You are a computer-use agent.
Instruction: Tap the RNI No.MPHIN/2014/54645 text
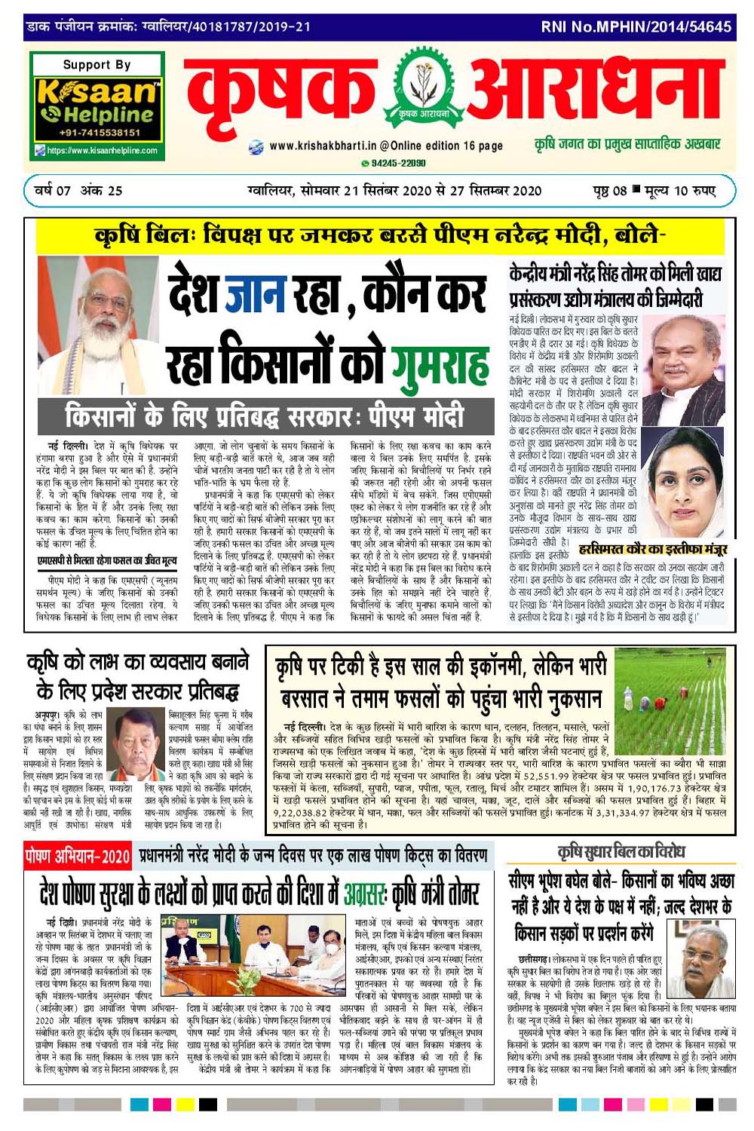coord(636,27)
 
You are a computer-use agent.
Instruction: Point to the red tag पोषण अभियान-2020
coord(78,857)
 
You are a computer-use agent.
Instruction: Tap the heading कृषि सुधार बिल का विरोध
coord(621,853)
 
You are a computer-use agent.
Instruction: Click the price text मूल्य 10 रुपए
coord(679,191)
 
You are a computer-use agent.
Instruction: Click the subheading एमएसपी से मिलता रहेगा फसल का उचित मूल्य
coord(107,560)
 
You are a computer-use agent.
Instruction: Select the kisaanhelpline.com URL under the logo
coord(102,151)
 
